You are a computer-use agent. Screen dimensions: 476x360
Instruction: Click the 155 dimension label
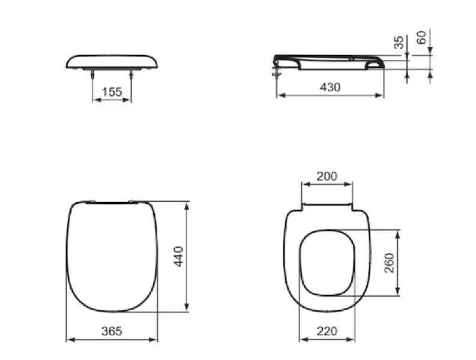click(x=112, y=92)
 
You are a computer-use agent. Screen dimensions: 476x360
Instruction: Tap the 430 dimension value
click(x=330, y=88)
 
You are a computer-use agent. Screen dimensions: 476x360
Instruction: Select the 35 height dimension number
click(x=399, y=42)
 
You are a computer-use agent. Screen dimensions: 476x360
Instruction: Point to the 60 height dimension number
click(x=421, y=38)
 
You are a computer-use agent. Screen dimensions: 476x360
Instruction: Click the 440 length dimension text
click(x=178, y=256)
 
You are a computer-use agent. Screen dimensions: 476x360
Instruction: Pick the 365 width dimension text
click(x=112, y=331)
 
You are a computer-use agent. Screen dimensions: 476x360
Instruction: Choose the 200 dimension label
click(x=327, y=176)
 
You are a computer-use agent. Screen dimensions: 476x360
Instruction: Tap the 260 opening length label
click(x=389, y=263)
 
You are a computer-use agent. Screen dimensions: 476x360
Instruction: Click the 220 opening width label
click(x=327, y=331)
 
